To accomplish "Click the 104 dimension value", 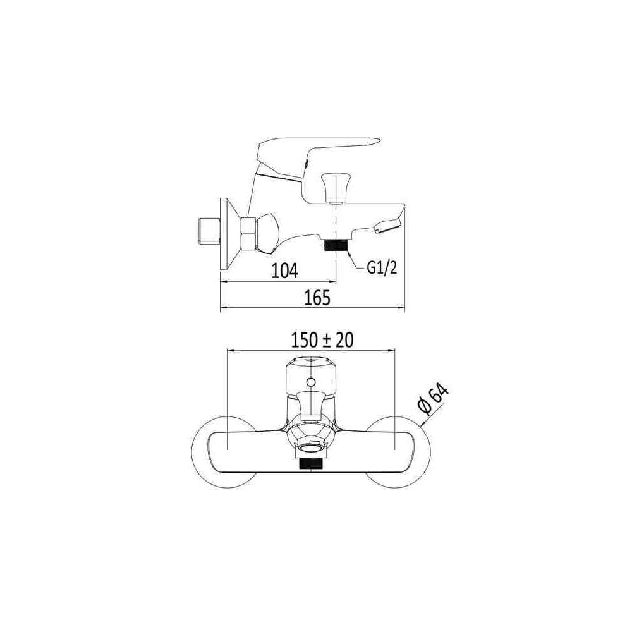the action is click(284, 270).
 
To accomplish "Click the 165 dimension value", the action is click(317, 298).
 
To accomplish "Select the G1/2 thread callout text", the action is click(382, 267).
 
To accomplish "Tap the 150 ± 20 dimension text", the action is click(322, 340).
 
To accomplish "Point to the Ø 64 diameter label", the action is click(433, 399).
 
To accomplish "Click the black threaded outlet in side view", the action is click(336, 245).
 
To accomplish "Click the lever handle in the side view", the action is click(319, 157).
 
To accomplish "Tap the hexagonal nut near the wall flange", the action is click(248, 234).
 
